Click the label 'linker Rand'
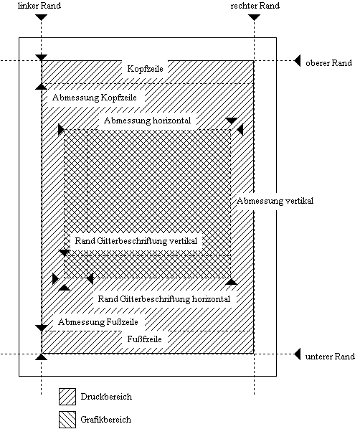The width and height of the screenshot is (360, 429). click(39, 6)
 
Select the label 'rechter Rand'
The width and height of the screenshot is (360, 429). click(255, 6)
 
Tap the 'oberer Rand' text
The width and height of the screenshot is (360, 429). click(329, 63)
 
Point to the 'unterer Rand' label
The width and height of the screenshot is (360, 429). click(330, 357)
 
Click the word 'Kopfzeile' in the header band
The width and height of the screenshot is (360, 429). click(146, 69)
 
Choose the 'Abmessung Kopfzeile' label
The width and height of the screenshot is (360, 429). click(95, 98)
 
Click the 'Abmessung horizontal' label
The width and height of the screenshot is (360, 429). click(147, 121)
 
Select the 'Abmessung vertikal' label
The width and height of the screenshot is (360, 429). click(275, 201)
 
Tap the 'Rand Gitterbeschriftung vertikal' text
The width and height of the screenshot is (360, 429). click(136, 241)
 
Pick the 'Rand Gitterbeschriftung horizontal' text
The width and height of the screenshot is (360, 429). click(164, 299)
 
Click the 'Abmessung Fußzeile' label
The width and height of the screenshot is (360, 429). click(98, 322)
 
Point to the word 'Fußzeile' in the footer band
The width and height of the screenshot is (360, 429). click(144, 339)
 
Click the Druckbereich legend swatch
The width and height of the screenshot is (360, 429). click(67, 397)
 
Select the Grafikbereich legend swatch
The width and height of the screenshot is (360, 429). click(67, 420)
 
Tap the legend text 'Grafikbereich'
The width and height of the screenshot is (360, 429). click(106, 420)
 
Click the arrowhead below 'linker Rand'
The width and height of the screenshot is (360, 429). click(42, 17)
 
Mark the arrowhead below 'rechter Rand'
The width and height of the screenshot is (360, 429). click(254, 17)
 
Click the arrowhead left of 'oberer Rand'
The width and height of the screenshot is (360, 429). click(298, 60)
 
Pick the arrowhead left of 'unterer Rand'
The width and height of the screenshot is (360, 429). click(298, 354)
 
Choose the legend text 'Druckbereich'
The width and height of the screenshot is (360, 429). click(106, 397)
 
